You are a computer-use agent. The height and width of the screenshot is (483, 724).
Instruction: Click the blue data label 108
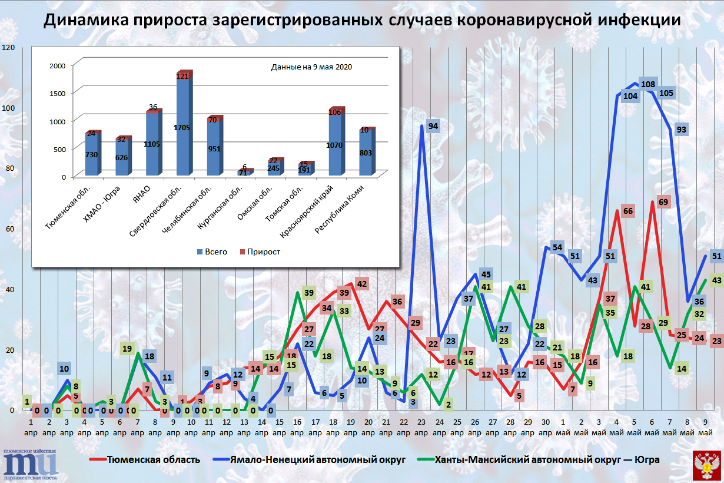point(648,84)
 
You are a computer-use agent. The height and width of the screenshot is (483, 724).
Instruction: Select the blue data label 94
point(433,126)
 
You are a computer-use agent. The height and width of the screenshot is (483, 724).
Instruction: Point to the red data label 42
point(361,284)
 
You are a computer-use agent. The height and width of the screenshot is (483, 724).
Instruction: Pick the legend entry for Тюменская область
point(145,459)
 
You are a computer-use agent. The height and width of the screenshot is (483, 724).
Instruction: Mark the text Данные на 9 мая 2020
point(311,67)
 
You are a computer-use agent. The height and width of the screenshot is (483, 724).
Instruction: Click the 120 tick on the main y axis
point(8,47)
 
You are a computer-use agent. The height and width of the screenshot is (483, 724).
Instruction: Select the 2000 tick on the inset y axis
point(57,65)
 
